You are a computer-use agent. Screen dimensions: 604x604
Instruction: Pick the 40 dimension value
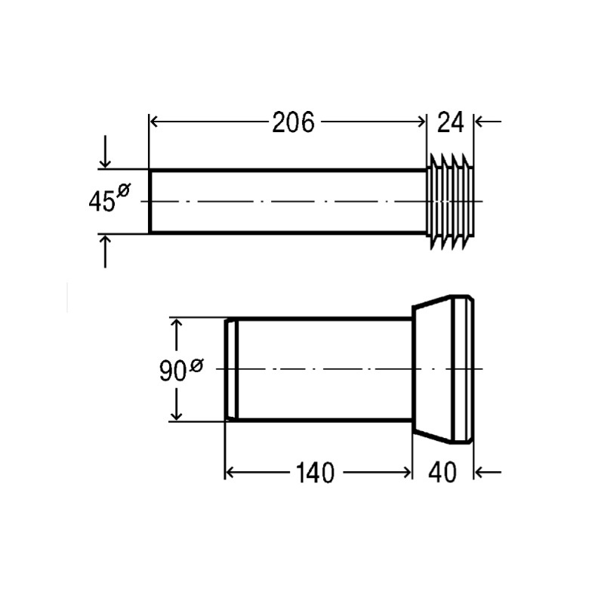click(443, 473)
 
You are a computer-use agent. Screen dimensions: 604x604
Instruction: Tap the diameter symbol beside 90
click(196, 365)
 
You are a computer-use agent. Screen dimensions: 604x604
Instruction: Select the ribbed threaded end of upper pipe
click(451, 202)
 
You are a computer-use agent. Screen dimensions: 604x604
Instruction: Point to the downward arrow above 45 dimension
click(106, 161)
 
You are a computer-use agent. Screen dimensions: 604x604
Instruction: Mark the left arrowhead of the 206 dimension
click(156, 122)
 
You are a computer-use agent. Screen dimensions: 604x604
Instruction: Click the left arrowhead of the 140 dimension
click(232, 473)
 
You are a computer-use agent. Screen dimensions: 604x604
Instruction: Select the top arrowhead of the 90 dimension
click(177, 325)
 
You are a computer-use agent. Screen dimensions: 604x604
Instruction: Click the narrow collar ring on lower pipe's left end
click(233, 369)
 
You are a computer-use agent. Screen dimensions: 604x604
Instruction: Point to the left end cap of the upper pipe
click(149, 202)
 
